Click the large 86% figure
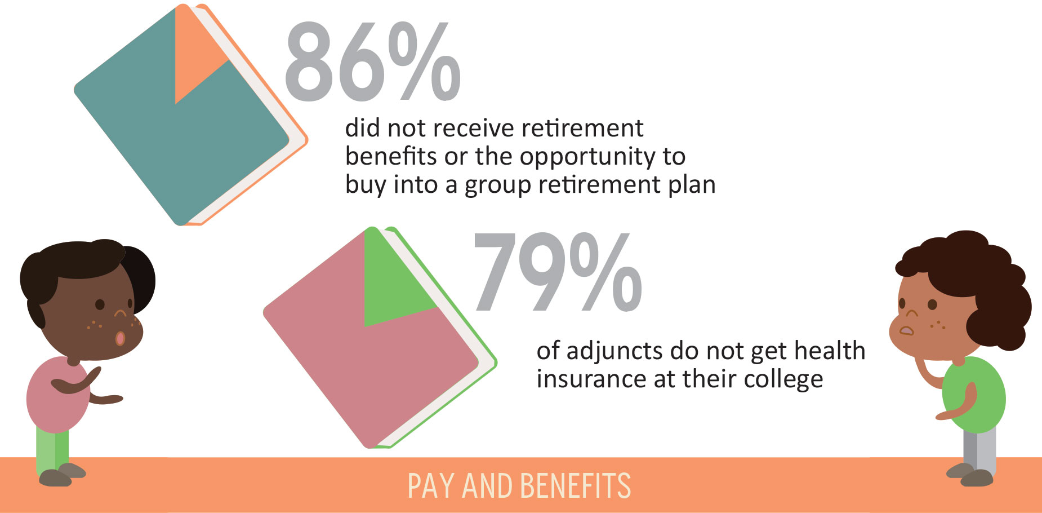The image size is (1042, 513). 373,62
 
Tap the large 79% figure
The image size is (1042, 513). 558,272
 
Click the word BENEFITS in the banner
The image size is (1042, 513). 575,486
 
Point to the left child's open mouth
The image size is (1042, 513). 120,338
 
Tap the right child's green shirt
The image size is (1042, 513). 973,395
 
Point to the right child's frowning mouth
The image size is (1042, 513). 907,331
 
